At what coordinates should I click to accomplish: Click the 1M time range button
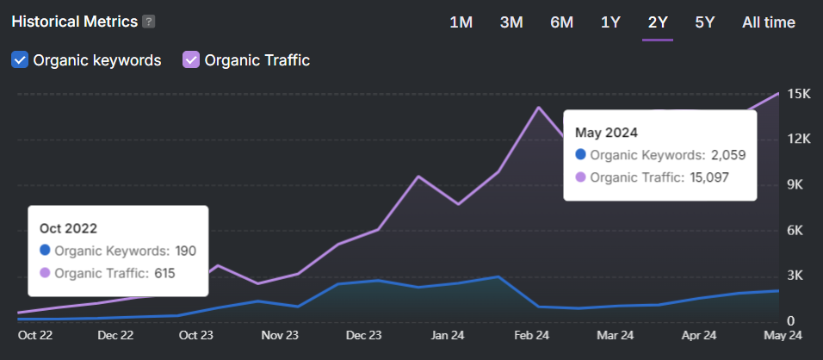pyautogui.click(x=461, y=22)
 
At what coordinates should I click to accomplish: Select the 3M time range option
pyautogui.click(x=511, y=22)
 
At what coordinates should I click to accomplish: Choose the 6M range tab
pyautogui.click(x=561, y=22)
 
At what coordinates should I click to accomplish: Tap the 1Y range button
pyautogui.click(x=610, y=22)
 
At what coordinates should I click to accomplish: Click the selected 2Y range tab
pyautogui.click(x=658, y=22)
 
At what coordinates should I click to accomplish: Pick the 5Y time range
pyautogui.click(x=704, y=22)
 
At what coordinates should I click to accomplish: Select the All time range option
pyautogui.click(x=768, y=22)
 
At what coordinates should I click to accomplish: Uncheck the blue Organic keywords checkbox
pyautogui.click(x=20, y=60)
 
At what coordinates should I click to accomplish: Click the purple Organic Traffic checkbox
pyautogui.click(x=191, y=60)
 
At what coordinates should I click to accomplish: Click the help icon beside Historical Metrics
pyautogui.click(x=149, y=22)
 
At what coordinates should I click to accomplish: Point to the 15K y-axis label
pyautogui.click(x=800, y=94)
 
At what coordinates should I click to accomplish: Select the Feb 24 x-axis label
pyautogui.click(x=532, y=336)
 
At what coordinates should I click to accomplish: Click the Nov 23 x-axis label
pyautogui.click(x=281, y=336)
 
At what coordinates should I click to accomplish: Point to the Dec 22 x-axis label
pyautogui.click(x=115, y=336)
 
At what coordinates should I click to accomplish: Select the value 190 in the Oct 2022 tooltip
pyautogui.click(x=186, y=251)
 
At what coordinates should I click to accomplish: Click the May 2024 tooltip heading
pyautogui.click(x=606, y=133)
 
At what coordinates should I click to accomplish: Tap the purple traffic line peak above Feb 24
pyautogui.click(x=539, y=108)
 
